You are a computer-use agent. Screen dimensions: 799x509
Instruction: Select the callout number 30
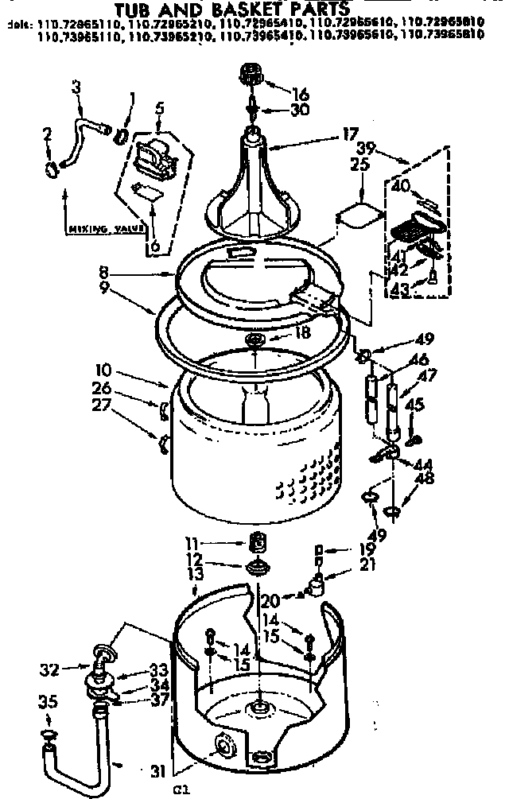click(300, 111)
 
